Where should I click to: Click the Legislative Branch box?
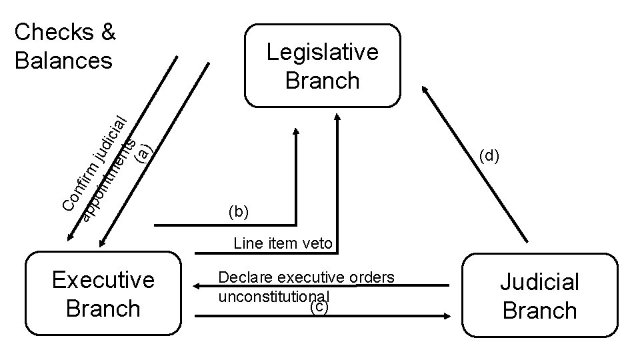322,66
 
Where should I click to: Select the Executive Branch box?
103,294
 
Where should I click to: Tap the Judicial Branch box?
539,296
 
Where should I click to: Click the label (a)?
143,153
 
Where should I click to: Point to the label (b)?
238,213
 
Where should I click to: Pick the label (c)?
320,307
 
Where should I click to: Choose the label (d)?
489,157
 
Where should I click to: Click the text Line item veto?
283,243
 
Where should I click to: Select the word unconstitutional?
273,294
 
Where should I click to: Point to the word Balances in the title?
63,61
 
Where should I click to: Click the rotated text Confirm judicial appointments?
100,167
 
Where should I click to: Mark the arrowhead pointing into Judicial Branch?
454,316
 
